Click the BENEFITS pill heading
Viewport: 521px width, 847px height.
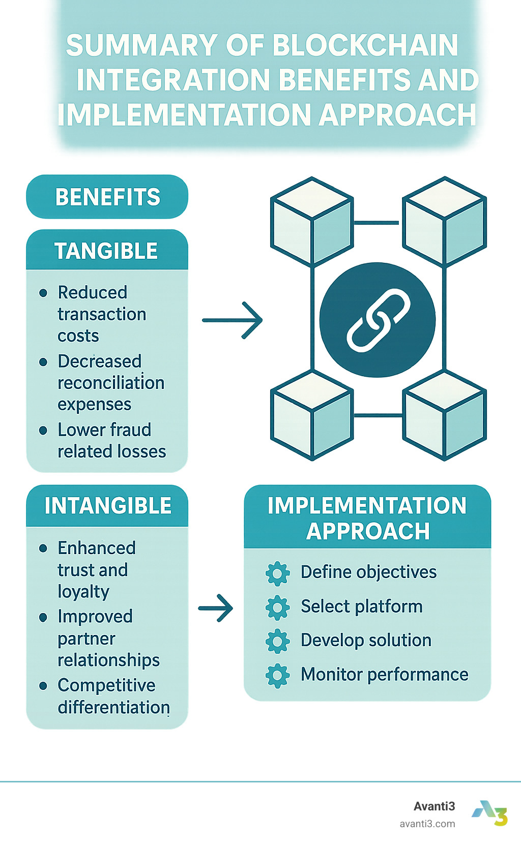tap(107, 197)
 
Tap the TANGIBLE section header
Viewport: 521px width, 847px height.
tap(106, 251)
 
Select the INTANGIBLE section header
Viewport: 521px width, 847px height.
tap(108, 506)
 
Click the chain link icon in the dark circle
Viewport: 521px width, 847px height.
tap(378, 320)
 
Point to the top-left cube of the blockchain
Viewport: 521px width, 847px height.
tap(312, 222)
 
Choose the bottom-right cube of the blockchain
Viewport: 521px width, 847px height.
tap(444, 415)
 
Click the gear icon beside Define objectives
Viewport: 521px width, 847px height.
tap(278, 573)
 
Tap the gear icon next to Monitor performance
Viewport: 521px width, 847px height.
tap(278, 676)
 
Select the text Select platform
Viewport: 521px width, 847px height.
tap(361, 607)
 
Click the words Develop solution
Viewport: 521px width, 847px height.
tap(366, 640)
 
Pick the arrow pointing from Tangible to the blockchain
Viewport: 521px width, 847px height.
tap(233, 320)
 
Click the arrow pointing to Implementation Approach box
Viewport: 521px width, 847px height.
tap(216, 608)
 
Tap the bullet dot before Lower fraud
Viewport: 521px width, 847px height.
tap(43, 431)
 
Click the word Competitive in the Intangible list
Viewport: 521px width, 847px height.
tap(106, 685)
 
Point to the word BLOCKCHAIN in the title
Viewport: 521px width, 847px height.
tap(365, 46)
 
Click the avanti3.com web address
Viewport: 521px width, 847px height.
tap(427, 824)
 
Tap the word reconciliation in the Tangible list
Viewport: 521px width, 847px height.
tap(111, 383)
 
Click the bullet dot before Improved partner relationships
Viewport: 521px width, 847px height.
tap(43, 618)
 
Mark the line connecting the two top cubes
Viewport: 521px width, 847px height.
tap(378, 223)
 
